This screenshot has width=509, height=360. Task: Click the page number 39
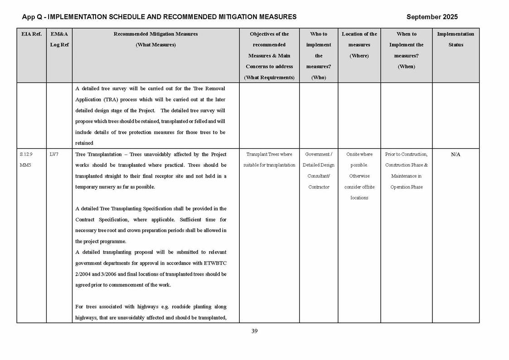point(254,331)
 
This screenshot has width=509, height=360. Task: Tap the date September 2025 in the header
point(432,17)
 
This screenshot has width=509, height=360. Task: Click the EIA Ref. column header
point(31,34)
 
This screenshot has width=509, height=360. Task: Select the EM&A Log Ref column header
point(59,39)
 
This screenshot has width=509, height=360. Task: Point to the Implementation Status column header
point(456,39)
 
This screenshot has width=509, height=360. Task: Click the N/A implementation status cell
point(456,155)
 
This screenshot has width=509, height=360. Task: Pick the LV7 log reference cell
point(53,155)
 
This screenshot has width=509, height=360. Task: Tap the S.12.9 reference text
point(26,155)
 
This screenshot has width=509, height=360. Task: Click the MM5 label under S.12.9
point(26,165)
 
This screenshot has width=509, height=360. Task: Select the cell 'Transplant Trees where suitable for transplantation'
point(269,160)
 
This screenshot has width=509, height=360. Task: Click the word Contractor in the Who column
point(319,187)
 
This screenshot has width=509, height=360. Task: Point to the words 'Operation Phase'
point(406,187)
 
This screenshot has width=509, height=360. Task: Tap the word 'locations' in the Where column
point(359,198)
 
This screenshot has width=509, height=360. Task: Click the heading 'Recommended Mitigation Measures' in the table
point(155,34)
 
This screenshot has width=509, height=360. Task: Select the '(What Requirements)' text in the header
point(269,78)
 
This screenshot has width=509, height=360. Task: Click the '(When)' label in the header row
point(406,67)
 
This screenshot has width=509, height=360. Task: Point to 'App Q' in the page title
point(31,17)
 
